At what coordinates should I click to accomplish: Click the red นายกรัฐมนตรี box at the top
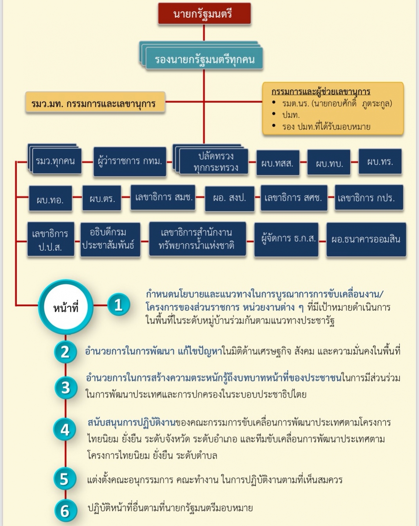(205, 14)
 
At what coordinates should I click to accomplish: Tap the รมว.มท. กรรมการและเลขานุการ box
(95, 102)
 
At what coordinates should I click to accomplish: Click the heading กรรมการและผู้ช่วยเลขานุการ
(321, 92)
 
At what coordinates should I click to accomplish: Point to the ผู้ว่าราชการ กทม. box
(130, 161)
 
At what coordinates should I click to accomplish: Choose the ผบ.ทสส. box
(278, 163)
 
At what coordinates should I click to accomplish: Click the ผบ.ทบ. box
(329, 162)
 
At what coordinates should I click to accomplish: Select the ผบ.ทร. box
(380, 161)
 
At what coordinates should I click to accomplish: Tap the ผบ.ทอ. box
(51, 198)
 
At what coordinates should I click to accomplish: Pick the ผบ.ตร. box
(102, 198)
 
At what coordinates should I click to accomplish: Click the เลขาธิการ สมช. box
(163, 197)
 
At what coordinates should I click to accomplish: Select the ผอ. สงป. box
(230, 198)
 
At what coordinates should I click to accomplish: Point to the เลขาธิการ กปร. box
(369, 197)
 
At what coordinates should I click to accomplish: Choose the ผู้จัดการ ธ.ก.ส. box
(286, 239)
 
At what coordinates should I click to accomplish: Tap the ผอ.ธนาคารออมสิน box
(366, 239)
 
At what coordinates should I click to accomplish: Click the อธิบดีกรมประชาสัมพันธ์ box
(111, 239)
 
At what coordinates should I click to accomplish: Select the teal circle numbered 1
(119, 305)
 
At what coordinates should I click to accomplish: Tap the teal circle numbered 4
(65, 429)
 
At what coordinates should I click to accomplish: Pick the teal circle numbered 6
(65, 511)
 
